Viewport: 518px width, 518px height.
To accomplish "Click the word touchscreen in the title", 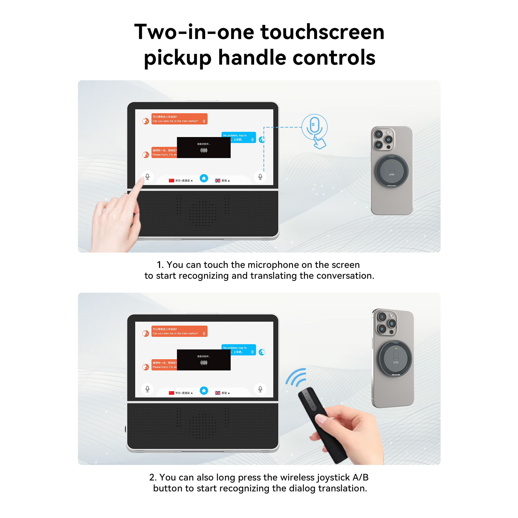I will tap(322, 32).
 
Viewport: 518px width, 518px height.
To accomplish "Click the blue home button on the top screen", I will tap(204, 178).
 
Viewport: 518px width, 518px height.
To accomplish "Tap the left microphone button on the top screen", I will tap(147, 177).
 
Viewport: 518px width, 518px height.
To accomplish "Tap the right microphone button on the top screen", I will tap(260, 177).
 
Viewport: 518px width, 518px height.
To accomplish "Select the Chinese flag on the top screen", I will tap(171, 181).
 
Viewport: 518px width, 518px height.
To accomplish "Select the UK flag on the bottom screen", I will tap(218, 393).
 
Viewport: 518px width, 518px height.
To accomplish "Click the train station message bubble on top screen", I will tap(179, 119).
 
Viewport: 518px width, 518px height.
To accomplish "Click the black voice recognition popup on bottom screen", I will tap(204, 360).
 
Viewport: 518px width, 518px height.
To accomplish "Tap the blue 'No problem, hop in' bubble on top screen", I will tap(238, 137).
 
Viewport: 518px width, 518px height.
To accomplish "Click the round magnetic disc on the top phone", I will tap(392, 171).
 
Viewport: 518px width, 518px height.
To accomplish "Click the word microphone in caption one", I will tap(273, 265).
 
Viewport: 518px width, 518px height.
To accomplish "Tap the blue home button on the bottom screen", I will tap(204, 391).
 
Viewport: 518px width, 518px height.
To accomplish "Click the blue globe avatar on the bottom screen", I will tap(262, 352).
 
